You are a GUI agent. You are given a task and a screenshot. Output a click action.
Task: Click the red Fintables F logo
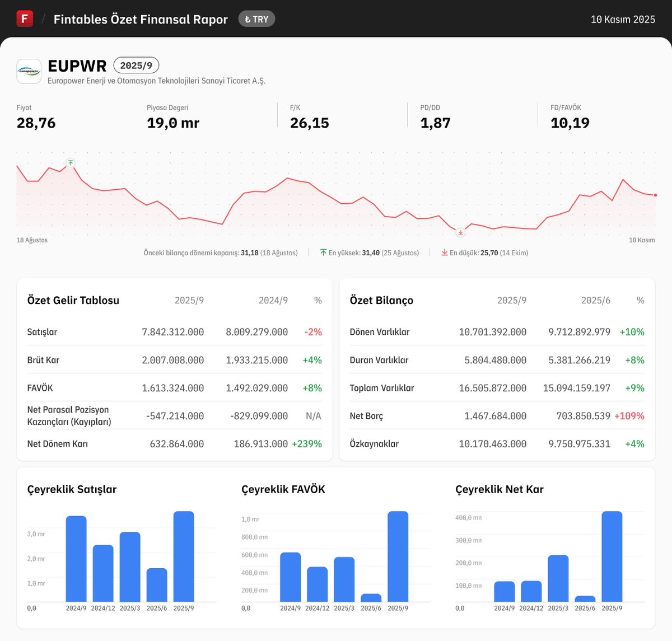[x=25, y=18]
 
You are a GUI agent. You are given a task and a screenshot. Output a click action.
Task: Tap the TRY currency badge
[x=256, y=19]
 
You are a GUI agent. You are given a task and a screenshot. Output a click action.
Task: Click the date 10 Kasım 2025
[x=623, y=20]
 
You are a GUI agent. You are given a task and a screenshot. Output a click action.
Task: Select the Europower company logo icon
[x=29, y=72]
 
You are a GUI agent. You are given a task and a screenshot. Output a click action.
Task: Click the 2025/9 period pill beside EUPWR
[x=136, y=65]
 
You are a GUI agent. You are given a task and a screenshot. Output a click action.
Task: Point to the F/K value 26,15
[x=309, y=123]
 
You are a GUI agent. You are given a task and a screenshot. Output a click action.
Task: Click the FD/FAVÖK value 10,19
[x=570, y=123]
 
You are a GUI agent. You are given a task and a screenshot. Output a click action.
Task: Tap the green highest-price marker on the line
[x=71, y=163]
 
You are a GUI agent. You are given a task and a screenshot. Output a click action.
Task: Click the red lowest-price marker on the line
[x=460, y=232]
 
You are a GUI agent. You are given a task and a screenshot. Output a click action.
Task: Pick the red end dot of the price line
[x=655, y=195]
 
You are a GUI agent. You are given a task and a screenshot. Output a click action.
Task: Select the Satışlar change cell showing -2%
[x=313, y=332]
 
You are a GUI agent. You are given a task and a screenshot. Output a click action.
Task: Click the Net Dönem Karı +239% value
[x=307, y=444]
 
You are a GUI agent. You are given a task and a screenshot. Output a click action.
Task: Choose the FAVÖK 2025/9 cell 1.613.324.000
[x=172, y=388]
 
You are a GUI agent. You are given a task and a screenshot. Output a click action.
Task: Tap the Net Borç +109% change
[x=629, y=416]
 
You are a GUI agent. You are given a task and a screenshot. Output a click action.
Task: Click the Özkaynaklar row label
[x=374, y=444]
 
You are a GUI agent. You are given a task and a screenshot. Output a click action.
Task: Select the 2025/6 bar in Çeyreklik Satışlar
[x=157, y=585]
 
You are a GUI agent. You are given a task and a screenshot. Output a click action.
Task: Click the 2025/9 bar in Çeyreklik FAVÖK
[x=398, y=556]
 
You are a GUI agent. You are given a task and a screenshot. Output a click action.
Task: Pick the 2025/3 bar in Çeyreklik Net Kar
[x=558, y=578]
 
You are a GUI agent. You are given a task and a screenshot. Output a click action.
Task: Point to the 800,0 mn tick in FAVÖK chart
[x=254, y=537]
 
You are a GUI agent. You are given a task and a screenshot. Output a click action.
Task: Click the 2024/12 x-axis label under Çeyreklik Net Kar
[x=531, y=608]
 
